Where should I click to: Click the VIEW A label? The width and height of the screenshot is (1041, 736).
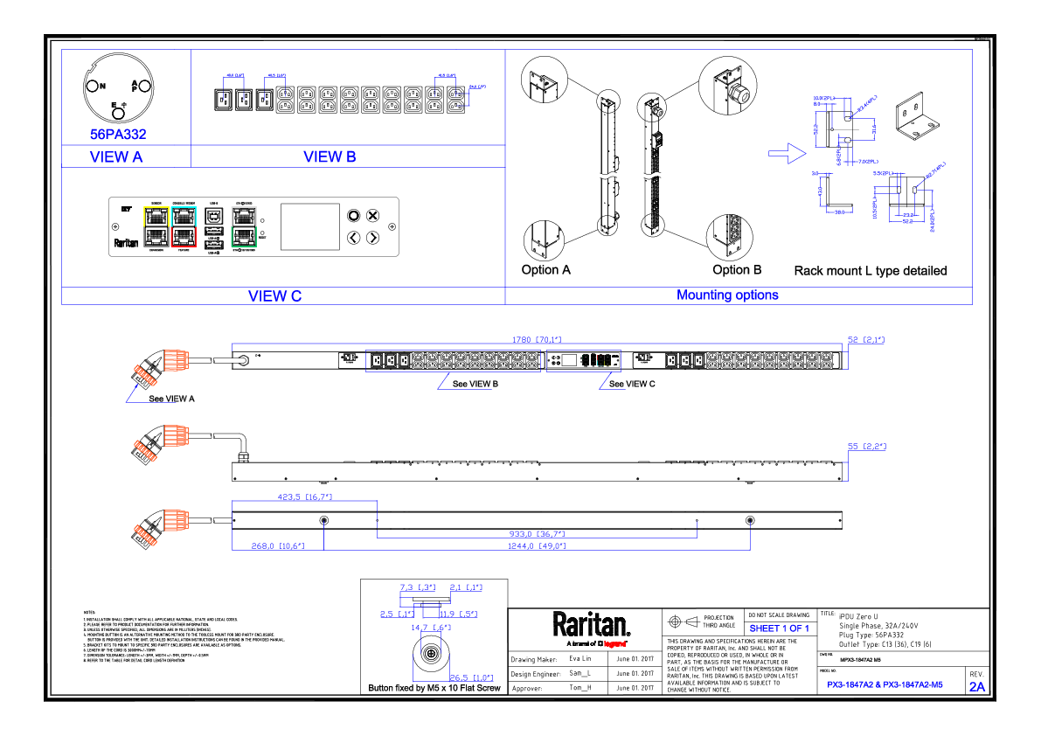pos(116,157)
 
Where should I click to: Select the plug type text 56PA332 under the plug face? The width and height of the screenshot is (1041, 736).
pos(118,135)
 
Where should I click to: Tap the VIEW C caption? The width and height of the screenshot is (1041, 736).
pos(274,296)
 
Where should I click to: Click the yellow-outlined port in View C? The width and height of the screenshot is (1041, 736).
pos(156,215)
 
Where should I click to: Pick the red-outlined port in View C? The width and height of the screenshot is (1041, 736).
pos(183,236)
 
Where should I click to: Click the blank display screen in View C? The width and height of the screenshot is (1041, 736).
pos(309,226)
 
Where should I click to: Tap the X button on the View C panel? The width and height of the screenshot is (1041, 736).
pos(372,215)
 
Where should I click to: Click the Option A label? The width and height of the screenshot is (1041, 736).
pos(545,270)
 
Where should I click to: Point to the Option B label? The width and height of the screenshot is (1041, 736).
pos(737,270)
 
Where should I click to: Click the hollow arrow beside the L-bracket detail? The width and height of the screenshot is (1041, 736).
pos(785,154)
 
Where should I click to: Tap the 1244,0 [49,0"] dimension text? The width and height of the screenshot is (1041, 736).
pos(537,545)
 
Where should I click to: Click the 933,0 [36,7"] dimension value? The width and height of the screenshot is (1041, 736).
pos(537,533)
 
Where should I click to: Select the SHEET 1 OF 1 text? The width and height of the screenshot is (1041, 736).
pos(779,628)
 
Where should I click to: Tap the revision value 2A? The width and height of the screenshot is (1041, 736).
pos(976,687)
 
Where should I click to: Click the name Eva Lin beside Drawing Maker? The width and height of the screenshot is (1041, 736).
pos(580,659)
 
